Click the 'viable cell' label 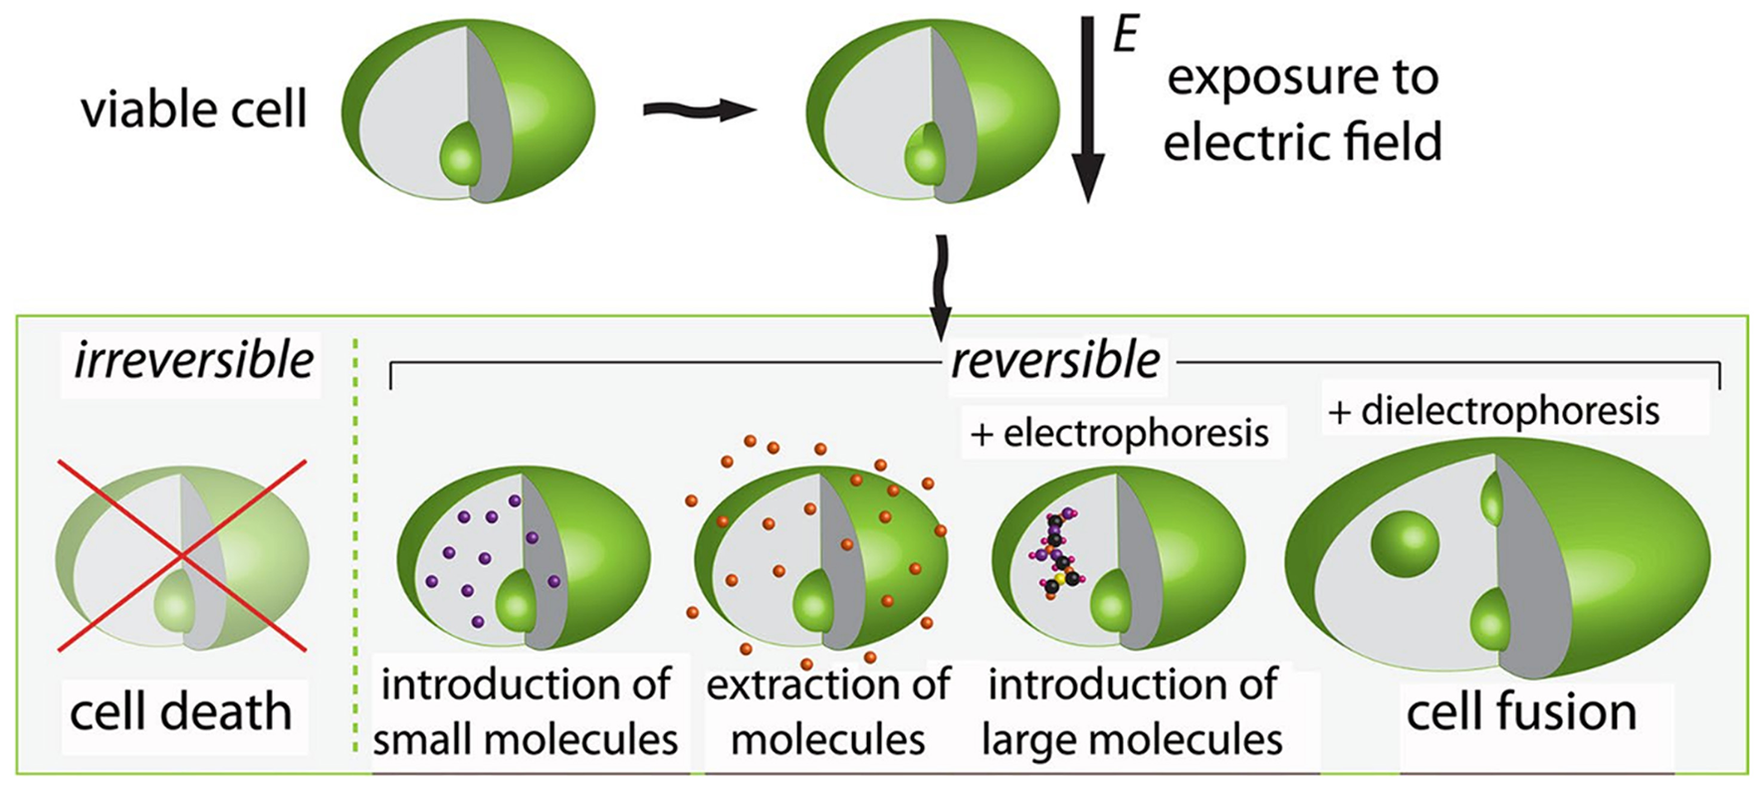pos(193,108)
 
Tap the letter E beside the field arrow pos(1125,36)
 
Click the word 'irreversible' pos(193,360)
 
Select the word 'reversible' pos(1055,360)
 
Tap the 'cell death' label pos(180,712)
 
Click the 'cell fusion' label pos(1521,712)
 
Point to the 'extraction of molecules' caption pos(828,712)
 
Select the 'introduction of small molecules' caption pos(526,712)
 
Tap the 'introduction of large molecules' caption pos(1133,712)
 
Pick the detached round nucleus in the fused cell pos(1405,545)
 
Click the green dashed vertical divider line pos(355,547)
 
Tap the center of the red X pos(182,555)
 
